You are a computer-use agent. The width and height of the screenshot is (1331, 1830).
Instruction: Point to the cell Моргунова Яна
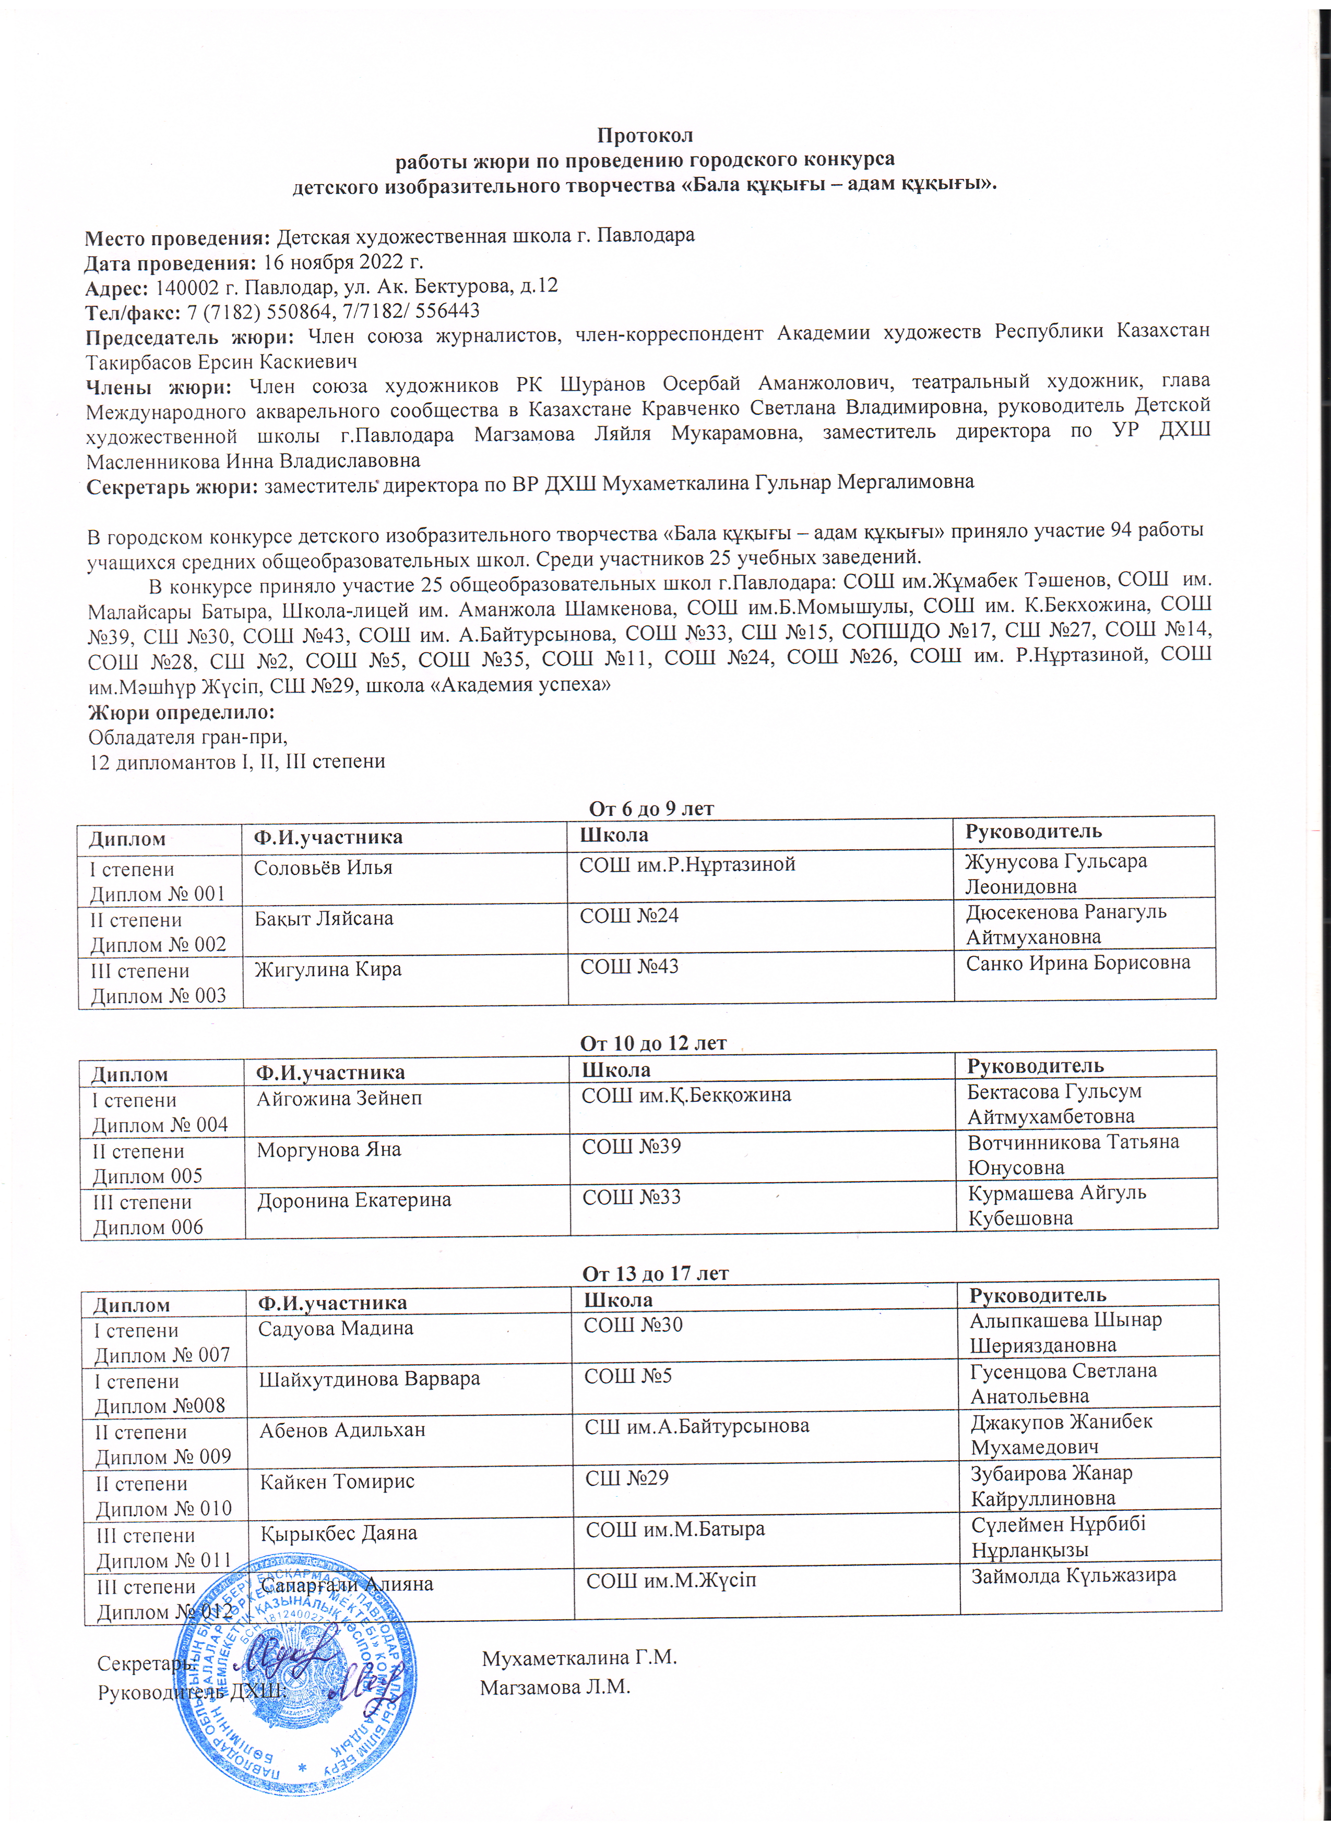[328, 1148]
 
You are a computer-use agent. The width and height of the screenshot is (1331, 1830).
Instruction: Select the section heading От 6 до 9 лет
[651, 809]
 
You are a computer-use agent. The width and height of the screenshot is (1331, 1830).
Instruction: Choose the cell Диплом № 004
[160, 1124]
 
